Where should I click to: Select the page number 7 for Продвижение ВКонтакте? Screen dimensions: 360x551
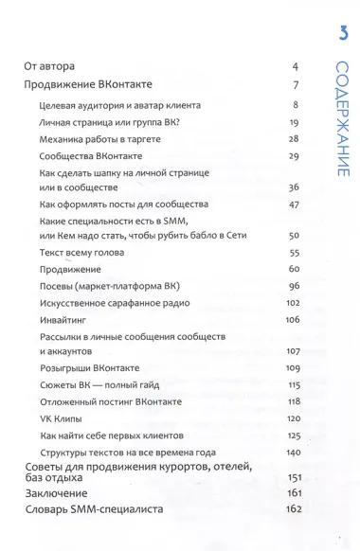pyautogui.click(x=296, y=85)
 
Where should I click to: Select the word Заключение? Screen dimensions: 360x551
pyautogui.click(x=57, y=493)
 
